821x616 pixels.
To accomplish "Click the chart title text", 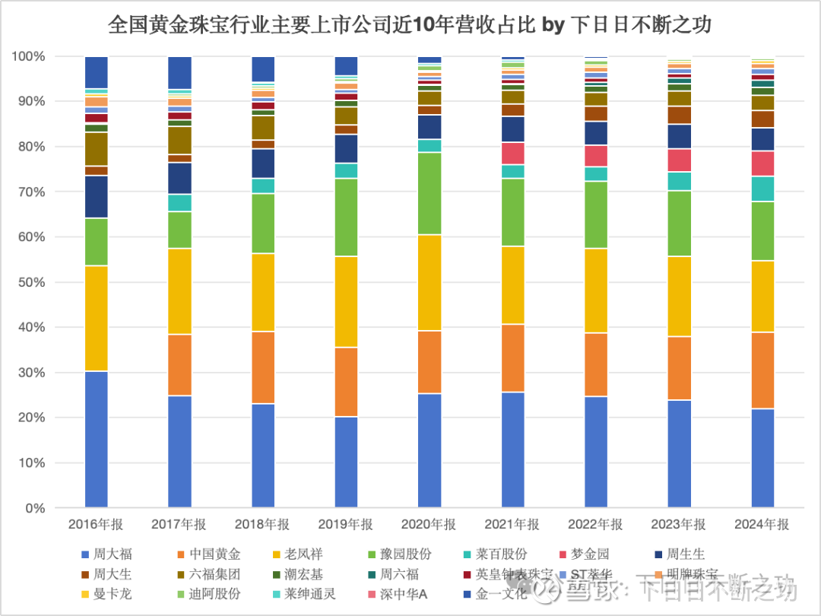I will (410, 24).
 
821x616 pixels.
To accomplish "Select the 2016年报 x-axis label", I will (96, 525).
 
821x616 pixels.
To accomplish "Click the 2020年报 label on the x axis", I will (430, 525).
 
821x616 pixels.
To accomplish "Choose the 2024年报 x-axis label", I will (762, 525).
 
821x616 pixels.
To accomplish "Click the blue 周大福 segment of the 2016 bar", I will (96, 439).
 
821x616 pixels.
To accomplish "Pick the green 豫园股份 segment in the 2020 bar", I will (430, 193).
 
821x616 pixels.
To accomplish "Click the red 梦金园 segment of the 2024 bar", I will (762, 164).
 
